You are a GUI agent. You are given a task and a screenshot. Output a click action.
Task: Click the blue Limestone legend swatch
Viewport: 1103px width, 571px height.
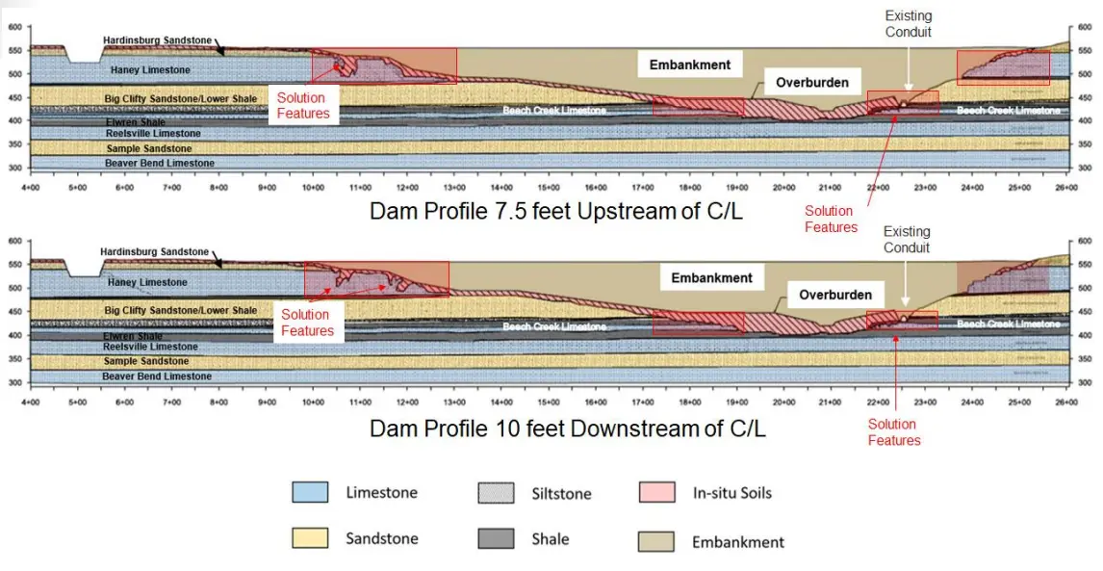pos(309,493)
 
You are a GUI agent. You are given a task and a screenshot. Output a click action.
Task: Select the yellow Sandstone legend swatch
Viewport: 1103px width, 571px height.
pos(309,539)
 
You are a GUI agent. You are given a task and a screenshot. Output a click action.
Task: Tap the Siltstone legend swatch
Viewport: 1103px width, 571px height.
pos(495,493)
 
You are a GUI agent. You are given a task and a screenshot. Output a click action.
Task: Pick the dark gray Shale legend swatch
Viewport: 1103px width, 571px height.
pos(495,539)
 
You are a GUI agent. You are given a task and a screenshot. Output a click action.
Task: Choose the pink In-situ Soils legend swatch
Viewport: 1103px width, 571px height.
pos(655,493)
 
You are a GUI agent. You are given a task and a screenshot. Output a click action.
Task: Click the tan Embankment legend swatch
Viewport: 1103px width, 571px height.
pos(655,541)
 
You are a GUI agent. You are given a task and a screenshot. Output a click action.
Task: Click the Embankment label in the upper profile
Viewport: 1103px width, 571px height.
pos(690,65)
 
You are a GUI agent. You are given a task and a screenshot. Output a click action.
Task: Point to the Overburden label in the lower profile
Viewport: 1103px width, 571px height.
pos(835,295)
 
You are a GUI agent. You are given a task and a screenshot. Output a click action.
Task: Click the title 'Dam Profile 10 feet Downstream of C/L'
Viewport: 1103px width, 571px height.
pos(568,428)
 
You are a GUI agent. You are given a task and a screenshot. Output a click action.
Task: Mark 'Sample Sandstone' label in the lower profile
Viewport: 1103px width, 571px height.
pos(147,361)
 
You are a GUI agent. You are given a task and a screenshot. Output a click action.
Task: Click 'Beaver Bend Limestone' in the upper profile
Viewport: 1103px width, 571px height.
pos(160,164)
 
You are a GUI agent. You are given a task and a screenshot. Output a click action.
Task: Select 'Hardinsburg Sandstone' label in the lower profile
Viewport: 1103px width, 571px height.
pos(156,252)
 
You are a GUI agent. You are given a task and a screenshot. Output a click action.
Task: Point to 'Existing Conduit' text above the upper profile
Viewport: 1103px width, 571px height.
pos(908,24)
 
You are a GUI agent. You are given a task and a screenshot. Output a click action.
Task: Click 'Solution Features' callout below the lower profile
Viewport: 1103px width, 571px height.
pos(893,432)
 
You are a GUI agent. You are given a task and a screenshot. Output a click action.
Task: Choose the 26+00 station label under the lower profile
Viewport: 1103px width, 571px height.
pos(1064,402)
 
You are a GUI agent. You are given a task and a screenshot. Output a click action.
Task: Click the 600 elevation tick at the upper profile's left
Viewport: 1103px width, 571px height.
pos(14,27)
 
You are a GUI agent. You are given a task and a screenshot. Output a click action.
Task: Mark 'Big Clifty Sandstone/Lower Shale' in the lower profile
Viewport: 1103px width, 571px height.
pos(181,311)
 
